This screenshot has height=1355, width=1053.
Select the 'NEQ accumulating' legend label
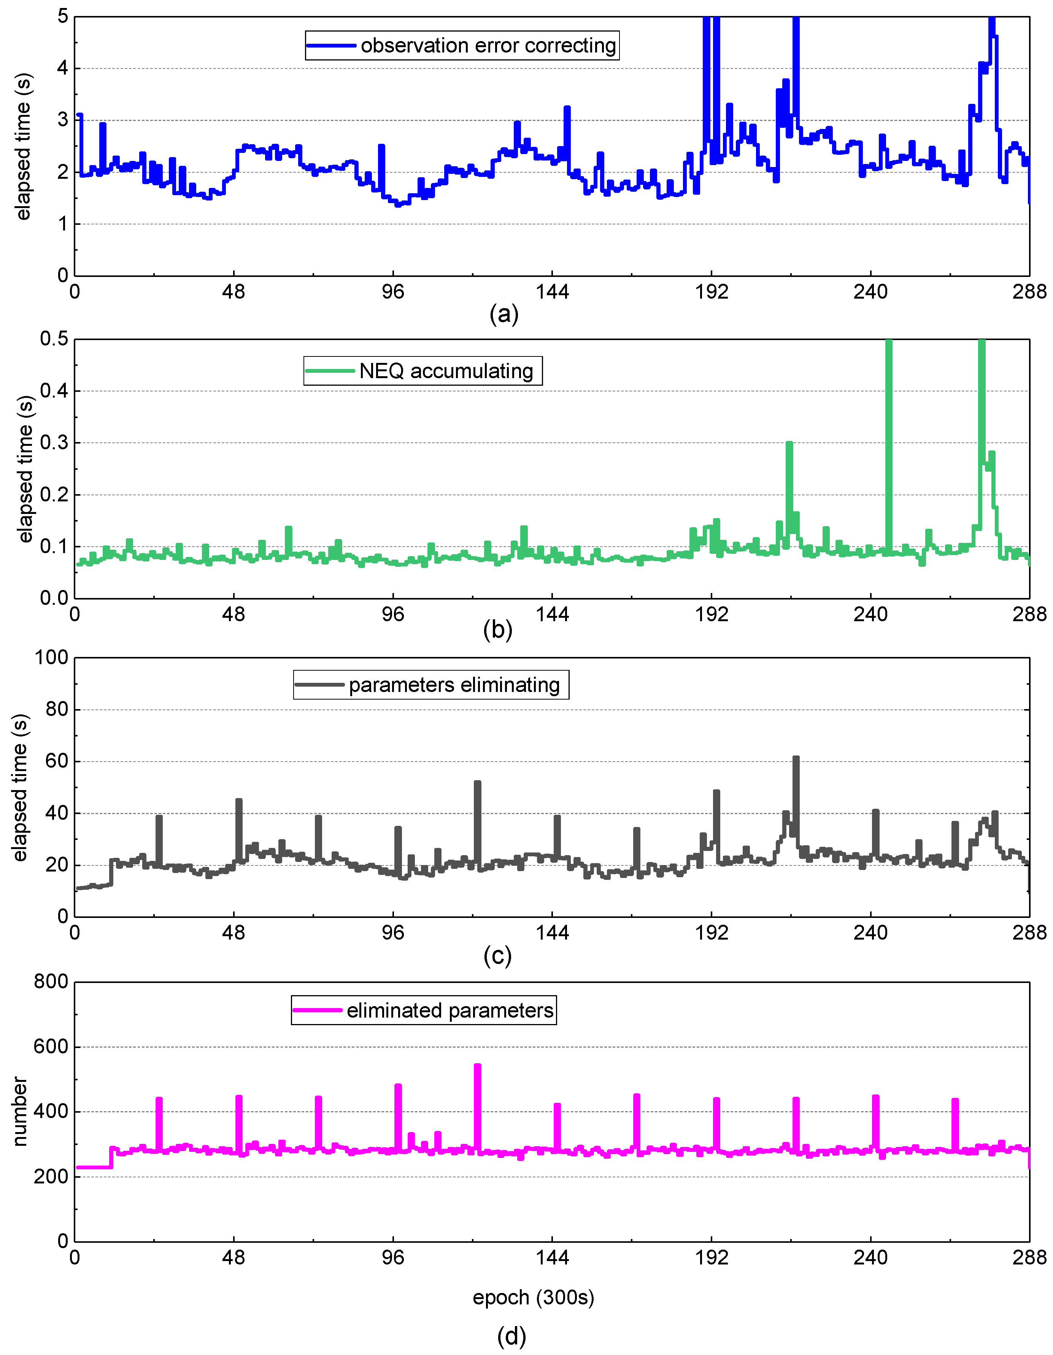pyautogui.click(x=446, y=371)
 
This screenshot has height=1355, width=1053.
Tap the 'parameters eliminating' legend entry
pyautogui.click(x=454, y=685)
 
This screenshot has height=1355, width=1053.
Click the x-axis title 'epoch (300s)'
pyautogui.click(x=533, y=1297)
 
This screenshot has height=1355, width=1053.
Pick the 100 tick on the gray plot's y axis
pyautogui.click(x=51, y=658)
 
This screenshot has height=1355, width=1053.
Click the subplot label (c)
pyautogui.click(x=497, y=956)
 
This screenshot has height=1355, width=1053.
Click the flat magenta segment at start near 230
pyautogui.click(x=93, y=1167)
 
